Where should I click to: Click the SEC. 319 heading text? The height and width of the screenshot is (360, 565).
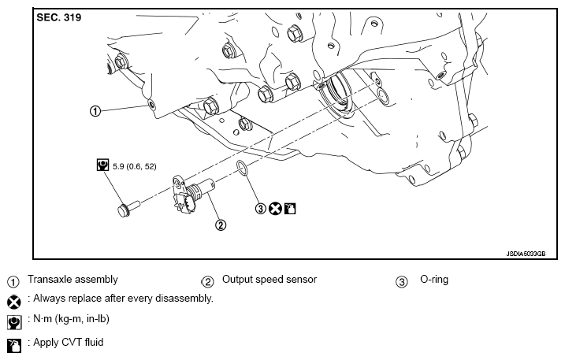(x=59, y=17)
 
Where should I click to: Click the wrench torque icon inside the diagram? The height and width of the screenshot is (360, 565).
(x=102, y=165)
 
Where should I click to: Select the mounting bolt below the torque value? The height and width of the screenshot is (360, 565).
(x=128, y=208)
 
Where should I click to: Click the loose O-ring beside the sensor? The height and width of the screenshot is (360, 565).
(x=242, y=169)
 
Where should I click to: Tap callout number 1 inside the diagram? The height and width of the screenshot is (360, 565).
(x=95, y=111)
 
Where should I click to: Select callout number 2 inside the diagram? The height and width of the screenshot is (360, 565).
(x=221, y=225)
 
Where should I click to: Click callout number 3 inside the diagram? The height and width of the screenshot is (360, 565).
(x=261, y=208)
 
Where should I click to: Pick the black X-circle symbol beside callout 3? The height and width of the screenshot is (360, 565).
(x=275, y=208)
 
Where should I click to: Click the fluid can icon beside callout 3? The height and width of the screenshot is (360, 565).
(x=290, y=208)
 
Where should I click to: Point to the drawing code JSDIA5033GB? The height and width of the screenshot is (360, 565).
(x=526, y=254)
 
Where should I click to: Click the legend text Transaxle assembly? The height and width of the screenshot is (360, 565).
(x=72, y=280)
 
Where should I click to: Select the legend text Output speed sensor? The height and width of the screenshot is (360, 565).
(x=269, y=280)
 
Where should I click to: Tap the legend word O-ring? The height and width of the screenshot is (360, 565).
(x=434, y=280)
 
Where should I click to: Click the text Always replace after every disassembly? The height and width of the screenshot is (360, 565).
(x=123, y=299)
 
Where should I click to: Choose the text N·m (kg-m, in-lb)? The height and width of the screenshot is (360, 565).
(x=72, y=319)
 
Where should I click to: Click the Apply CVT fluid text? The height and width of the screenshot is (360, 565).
(x=69, y=342)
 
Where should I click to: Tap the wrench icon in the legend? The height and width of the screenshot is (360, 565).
(x=14, y=322)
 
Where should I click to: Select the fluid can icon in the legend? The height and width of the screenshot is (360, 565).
(x=14, y=346)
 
